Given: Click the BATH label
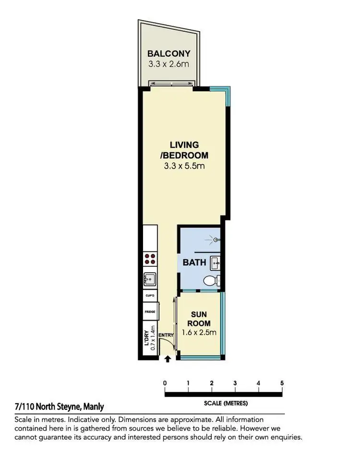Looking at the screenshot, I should point(195,263).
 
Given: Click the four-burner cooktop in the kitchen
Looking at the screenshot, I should point(150,259).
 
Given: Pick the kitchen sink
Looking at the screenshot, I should point(150,278).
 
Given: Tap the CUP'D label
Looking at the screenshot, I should point(150,296).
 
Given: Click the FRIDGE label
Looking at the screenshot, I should point(150,312).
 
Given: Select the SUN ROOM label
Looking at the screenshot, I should point(199,319).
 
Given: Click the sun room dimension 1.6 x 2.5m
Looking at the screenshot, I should point(199,332).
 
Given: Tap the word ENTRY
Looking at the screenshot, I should point(166,335).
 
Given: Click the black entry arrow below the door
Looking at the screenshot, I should point(168,358).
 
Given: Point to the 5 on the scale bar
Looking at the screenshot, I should point(282,383).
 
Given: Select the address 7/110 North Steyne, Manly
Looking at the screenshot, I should point(59,407).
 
